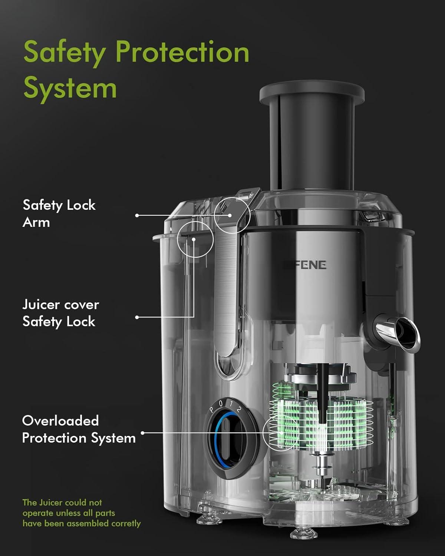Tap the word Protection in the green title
coord(182,52)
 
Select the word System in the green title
coord(70,89)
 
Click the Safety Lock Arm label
coord(59,214)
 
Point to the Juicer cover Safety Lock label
coord(60,313)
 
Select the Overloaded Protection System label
coord(79,429)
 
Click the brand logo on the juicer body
coord(305,265)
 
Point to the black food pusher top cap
coord(312,93)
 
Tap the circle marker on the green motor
coord(281,433)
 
